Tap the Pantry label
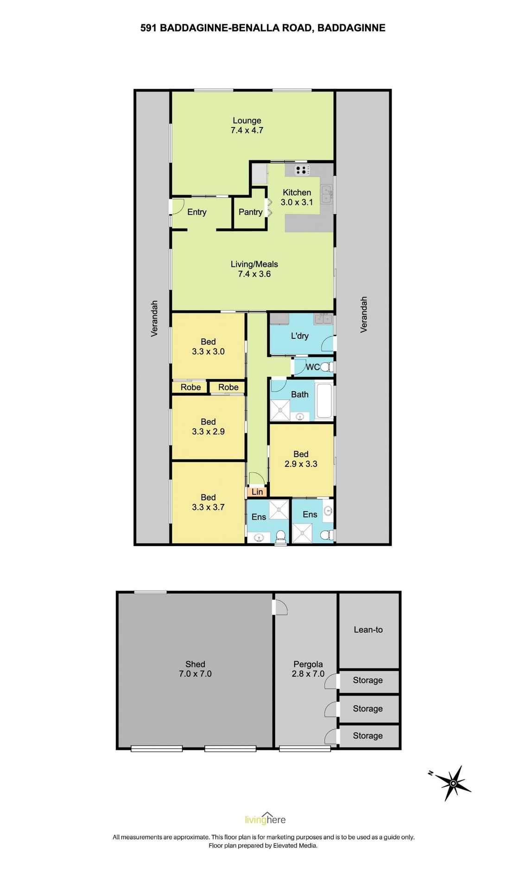(x=250, y=212)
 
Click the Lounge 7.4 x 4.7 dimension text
(x=247, y=131)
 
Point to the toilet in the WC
(x=326, y=367)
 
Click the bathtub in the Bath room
(x=324, y=400)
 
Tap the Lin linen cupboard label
(x=257, y=492)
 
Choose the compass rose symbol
(x=453, y=783)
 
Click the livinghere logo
(x=266, y=819)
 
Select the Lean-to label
(x=368, y=629)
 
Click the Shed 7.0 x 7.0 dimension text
(x=195, y=674)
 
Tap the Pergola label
(x=308, y=664)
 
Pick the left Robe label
(x=190, y=387)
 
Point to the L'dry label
(x=299, y=336)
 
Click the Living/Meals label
(x=254, y=264)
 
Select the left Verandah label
(x=154, y=318)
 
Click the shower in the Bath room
(x=280, y=410)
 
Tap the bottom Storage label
(x=367, y=736)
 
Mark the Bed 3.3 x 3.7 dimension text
(x=208, y=507)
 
